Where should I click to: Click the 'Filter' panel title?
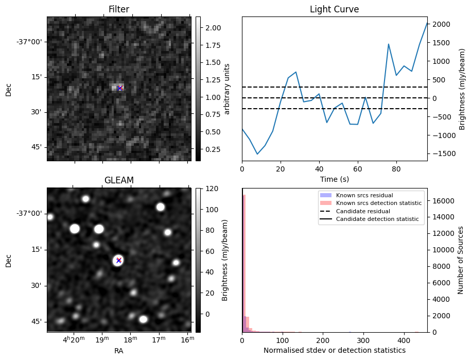118,9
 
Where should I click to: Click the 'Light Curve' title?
334,9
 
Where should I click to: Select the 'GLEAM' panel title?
118,180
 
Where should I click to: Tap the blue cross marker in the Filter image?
119,88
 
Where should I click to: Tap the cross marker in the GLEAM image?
118,260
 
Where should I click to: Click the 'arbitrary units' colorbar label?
227,89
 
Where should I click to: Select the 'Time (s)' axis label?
334,178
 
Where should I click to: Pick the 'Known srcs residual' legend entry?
364,195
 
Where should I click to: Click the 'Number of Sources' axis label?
461,260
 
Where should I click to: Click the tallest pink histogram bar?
244,263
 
